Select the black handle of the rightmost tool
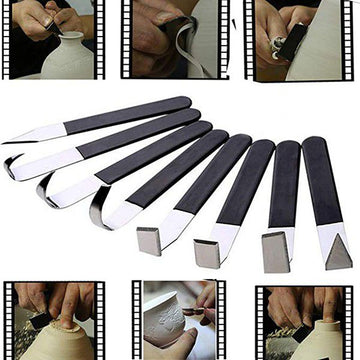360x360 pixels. (323, 180)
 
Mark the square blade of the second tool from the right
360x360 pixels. (274, 249)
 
